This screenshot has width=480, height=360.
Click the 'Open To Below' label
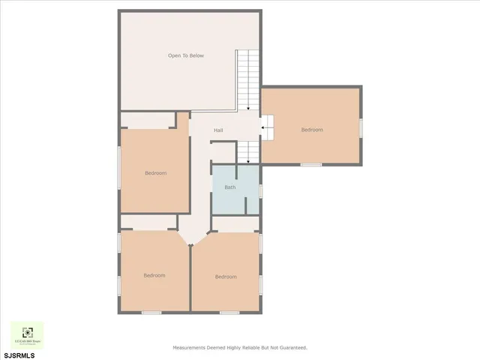[x=185, y=55]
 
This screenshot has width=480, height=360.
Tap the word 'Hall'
[x=218, y=130]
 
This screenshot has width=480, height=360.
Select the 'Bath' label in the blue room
[x=229, y=187]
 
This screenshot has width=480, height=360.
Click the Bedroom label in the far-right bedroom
[x=312, y=130]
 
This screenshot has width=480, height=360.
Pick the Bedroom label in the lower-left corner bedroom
[x=154, y=275]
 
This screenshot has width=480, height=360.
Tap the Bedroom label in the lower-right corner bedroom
[x=226, y=277]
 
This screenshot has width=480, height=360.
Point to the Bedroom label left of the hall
[x=155, y=173]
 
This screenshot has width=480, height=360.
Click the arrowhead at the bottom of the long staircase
[x=248, y=107]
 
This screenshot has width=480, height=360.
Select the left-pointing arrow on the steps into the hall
[x=262, y=129]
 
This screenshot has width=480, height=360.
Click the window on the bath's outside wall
[x=260, y=190]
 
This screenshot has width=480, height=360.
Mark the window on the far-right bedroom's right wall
[x=361, y=127]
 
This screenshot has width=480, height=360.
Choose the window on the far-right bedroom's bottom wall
[x=311, y=164]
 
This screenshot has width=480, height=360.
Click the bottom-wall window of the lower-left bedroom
[x=151, y=313]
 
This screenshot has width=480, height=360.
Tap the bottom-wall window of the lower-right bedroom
[x=229, y=313]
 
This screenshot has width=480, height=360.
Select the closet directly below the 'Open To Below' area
[x=148, y=120]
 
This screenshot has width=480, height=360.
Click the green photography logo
[x=27, y=334]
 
